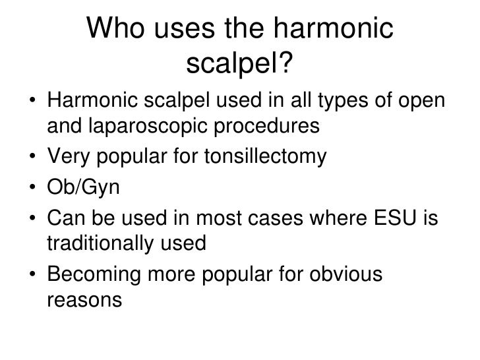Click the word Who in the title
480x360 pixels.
pos(116,30)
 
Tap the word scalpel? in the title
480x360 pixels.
pos(240,64)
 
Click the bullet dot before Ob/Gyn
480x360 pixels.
pos(32,189)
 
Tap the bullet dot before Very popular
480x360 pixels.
pos(32,158)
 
